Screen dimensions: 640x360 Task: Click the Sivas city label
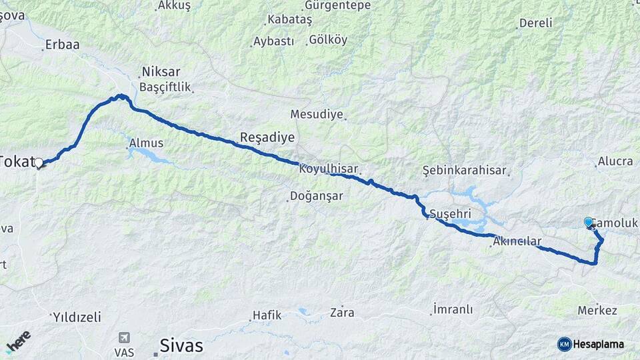(181, 346)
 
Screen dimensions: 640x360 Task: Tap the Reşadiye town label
(267, 138)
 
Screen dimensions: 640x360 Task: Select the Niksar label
(161, 72)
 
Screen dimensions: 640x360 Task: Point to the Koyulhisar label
(329, 169)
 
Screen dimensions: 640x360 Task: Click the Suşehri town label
(450, 214)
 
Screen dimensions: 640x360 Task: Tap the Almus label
(146, 143)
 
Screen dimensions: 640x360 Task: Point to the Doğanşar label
(315, 196)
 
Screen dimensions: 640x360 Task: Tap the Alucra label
(615, 161)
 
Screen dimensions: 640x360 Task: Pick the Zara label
(342, 312)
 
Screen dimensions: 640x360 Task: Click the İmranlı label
(453, 309)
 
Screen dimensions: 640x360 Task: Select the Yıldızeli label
(77, 316)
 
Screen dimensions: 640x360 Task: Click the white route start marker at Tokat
(39, 163)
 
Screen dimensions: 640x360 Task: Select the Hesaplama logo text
(599, 344)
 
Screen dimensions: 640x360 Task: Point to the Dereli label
(535, 23)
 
